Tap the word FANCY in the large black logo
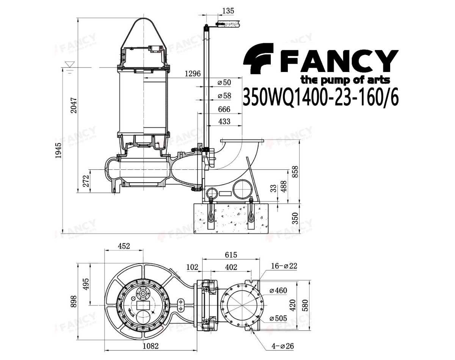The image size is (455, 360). pos(339,61)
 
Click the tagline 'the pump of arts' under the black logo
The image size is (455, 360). pos(345,80)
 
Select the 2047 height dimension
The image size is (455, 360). pos(74,105)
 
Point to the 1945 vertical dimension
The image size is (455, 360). pos(58,150)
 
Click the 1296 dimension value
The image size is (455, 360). pos(192,74)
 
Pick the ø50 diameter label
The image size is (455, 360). pos(224,82)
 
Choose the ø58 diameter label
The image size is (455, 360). pos(224,96)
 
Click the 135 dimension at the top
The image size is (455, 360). pos(228,11)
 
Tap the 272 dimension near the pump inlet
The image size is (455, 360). pos(86,181)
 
